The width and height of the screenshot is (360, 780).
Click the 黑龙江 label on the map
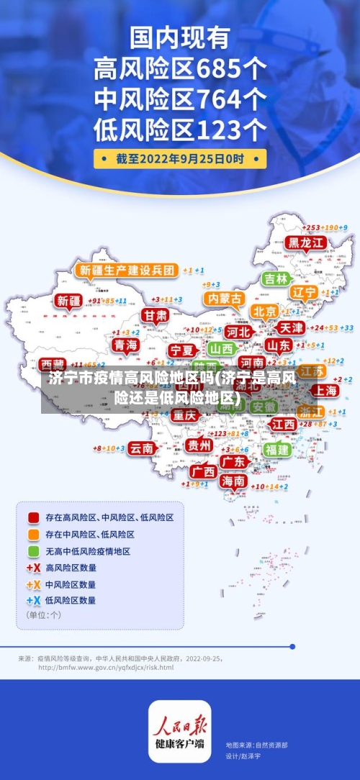pyautogui.click(x=304, y=242)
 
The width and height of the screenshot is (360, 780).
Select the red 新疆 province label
pyautogui.click(x=70, y=301)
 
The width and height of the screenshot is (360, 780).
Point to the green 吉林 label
pyautogui.click(x=275, y=278)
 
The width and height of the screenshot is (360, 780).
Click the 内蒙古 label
pyautogui.click(x=224, y=298)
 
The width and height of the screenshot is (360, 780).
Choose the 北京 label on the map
pyautogui.click(x=265, y=311)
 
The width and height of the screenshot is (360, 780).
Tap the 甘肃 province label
pyautogui.click(x=154, y=315)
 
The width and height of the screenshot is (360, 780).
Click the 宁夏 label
pyautogui.click(x=181, y=350)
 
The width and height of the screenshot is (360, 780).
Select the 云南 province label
pyautogui.click(x=142, y=448)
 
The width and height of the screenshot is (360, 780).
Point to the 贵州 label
pyautogui.click(x=199, y=445)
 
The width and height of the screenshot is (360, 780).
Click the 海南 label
pyautogui.click(x=233, y=480)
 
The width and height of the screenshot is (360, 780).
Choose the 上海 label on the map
pyautogui.click(x=324, y=390)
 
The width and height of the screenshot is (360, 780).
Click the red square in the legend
pyautogui.click(x=33, y=517)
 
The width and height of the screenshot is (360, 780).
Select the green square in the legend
pyautogui.click(x=33, y=551)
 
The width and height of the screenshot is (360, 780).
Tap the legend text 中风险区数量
pyautogui.click(x=71, y=584)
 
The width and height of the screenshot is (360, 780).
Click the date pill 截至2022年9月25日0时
pyautogui.click(x=180, y=158)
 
